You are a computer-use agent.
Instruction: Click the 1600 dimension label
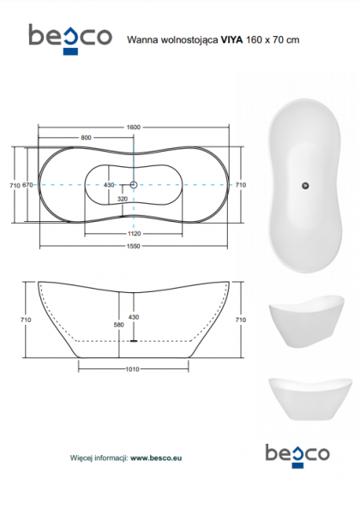134,127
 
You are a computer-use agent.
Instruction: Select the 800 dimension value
86,138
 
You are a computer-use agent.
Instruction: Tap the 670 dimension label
27,185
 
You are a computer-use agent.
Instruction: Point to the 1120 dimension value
134,234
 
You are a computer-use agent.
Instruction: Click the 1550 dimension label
134,246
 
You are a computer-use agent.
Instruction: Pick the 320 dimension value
123,199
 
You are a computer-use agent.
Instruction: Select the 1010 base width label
133,369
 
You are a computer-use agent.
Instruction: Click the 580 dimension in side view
118,325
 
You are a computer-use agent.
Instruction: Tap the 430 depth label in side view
134,317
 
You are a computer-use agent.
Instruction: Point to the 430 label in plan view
109,185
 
